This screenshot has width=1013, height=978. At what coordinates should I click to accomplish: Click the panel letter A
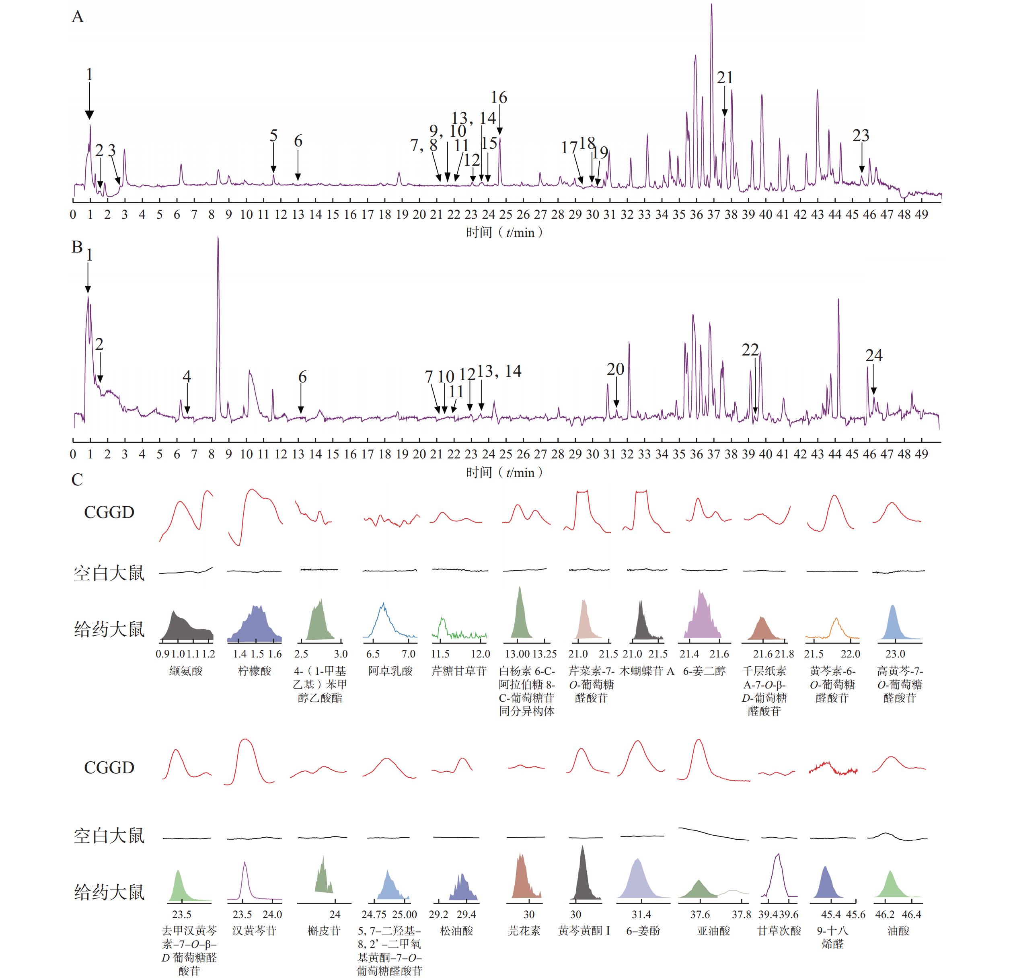pos(78,17)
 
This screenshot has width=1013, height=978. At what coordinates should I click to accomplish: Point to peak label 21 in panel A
pos(725,78)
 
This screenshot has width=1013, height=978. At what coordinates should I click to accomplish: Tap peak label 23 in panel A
pos(861,136)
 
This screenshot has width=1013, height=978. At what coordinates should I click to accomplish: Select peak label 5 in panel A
pos(273,136)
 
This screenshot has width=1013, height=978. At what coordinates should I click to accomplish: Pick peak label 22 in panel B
pos(750,350)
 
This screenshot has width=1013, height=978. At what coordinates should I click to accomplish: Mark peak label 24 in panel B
pos(874,355)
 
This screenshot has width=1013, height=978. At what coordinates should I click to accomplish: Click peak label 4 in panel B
pos(187,376)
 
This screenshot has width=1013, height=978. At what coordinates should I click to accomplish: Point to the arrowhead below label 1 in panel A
pos(89,115)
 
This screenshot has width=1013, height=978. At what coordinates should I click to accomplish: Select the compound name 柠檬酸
pos(254,671)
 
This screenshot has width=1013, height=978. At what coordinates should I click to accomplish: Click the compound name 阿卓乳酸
pos(390,671)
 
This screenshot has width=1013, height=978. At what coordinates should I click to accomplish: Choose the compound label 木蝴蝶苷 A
pos(647,671)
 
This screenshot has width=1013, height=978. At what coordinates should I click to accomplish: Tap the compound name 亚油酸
pos(713,931)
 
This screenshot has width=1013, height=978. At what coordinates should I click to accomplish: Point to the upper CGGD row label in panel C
pos(109,512)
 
